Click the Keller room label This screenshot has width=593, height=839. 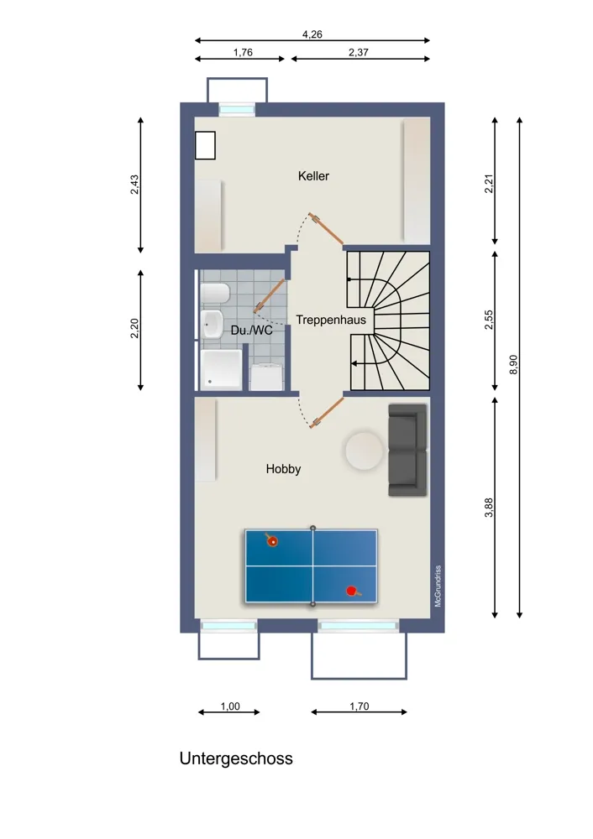pos(313,176)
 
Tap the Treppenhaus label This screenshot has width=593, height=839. pos(331,320)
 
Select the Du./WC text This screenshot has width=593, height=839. pos(251,330)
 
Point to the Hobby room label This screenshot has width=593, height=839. pos(283,469)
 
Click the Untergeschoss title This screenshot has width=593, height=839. pos(236,758)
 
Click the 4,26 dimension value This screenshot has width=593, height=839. pos(312,34)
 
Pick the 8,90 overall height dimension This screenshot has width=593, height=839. pos(513,364)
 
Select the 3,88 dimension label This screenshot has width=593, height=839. pos(489,508)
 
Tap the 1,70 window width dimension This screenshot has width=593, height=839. pos(359,706)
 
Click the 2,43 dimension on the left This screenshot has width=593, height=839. pos(134,185)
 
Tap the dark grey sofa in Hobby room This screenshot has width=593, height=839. pos(407,450)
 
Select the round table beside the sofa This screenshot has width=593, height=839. pos(365,451)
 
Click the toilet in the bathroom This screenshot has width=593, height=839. pos(215,293)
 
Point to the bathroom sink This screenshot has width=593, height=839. pos(213,324)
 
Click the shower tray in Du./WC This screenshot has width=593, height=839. pos(221,368)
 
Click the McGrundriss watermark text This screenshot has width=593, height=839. pos(438,586)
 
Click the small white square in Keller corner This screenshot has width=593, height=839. pos(205,145)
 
